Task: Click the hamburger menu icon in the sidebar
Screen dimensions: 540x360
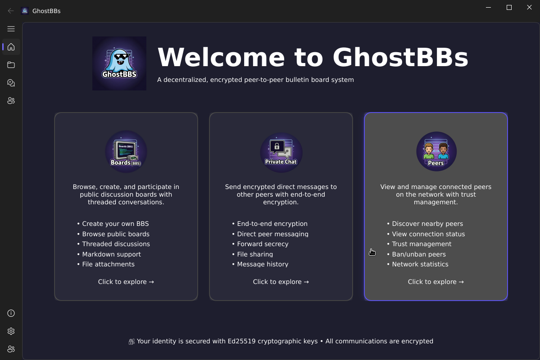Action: coord(11,29)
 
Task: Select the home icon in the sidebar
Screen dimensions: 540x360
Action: coord(11,47)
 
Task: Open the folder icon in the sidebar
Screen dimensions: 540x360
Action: coord(11,65)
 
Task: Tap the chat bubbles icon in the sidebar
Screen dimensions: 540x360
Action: coord(11,83)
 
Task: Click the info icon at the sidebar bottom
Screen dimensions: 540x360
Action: coord(11,313)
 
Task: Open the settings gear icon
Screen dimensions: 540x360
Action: coord(11,331)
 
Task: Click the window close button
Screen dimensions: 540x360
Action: coord(530,7)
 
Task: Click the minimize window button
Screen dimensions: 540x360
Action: coord(489,7)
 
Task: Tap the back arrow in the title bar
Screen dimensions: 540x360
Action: coord(11,11)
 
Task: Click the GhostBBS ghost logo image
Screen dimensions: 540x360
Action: coord(119,63)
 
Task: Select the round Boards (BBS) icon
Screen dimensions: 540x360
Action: coord(126,152)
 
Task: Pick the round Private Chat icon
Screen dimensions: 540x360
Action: coord(281,152)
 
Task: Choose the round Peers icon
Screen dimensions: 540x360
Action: coord(436,152)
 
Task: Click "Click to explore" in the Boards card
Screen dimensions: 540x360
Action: coord(126,282)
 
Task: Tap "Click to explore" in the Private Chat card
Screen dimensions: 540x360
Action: coord(281,282)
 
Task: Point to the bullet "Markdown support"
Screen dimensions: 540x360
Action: coord(111,254)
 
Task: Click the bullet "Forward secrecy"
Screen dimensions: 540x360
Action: coord(263,244)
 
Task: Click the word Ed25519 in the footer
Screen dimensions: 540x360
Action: coord(241,341)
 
